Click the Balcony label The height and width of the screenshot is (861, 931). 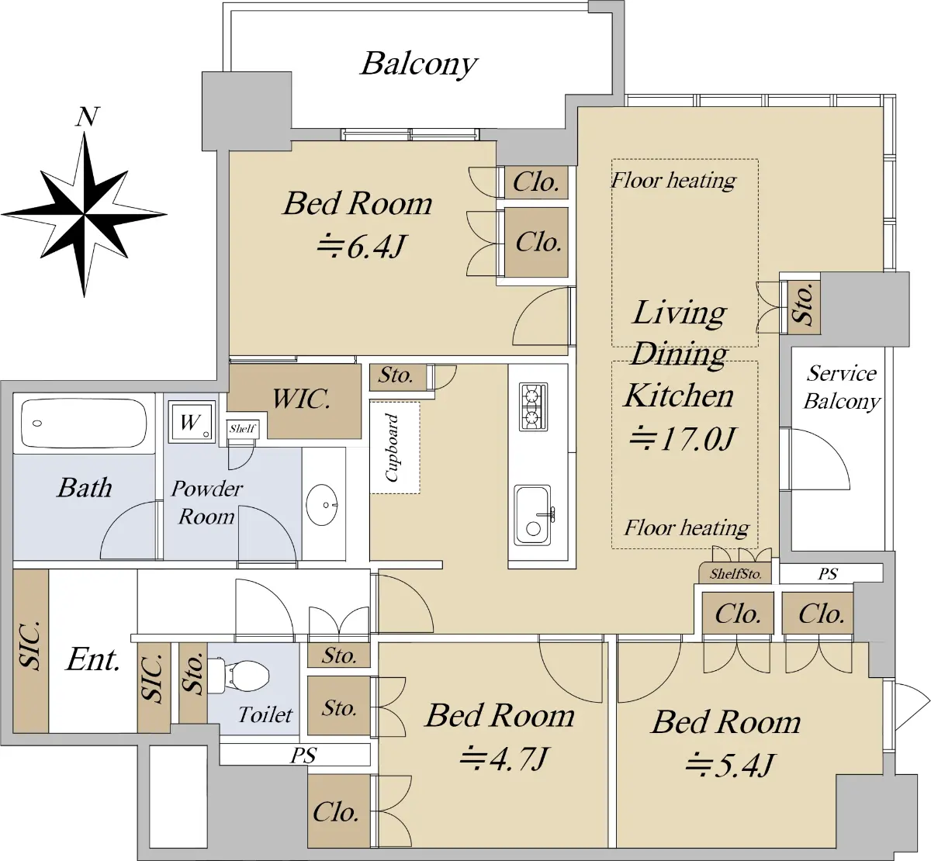[x=419, y=64]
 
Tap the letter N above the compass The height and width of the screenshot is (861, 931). [x=88, y=117]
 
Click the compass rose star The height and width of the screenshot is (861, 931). [x=85, y=215]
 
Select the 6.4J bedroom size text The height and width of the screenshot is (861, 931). [x=360, y=247]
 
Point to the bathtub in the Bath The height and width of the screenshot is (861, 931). [x=84, y=424]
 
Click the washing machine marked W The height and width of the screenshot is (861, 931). [x=192, y=422]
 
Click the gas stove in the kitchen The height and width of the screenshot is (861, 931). [x=534, y=406]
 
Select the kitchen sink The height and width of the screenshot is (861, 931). [x=532, y=516]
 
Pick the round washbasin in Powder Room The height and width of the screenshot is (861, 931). [x=322, y=505]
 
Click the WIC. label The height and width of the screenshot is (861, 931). [x=301, y=399]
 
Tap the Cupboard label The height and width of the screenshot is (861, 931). [x=392, y=448]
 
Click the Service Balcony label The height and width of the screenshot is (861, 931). [x=842, y=388]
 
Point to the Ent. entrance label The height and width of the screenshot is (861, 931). [x=93, y=659]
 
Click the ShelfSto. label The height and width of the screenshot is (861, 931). [x=735, y=574]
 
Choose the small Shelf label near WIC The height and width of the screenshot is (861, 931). [x=242, y=428]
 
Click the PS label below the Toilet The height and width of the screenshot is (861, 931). [x=303, y=755]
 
